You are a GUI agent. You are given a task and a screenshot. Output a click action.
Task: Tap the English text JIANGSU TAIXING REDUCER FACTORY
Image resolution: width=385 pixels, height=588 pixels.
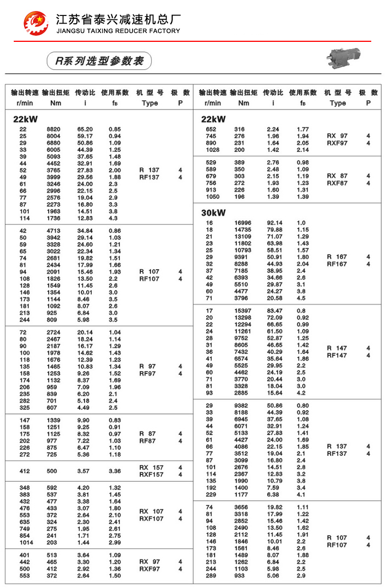[x=118, y=31]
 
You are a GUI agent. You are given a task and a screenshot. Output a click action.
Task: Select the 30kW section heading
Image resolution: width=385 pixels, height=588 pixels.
[x=213, y=213]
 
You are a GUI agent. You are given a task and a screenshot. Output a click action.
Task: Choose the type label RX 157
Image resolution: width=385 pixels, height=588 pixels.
[x=151, y=467]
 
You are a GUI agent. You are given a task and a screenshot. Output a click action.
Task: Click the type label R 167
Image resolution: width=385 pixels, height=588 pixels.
[x=337, y=257]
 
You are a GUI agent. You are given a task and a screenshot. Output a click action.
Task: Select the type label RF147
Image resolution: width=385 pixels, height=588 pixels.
[x=337, y=356]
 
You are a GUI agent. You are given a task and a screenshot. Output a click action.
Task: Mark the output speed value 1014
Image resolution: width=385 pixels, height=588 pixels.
[x=26, y=542]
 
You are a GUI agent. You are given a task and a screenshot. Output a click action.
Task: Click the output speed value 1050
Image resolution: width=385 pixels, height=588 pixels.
[x=212, y=197]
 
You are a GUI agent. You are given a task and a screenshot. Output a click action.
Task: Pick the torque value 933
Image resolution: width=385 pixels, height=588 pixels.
[x=243, y=575]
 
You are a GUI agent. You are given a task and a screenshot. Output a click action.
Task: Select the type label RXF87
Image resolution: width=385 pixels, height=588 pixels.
[x=337, y=183]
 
